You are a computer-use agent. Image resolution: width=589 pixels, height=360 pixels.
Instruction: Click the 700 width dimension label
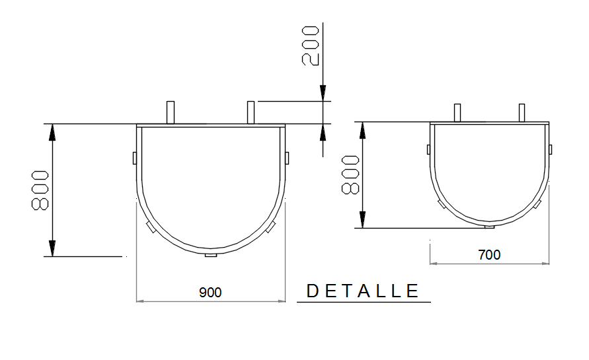coord(489,254)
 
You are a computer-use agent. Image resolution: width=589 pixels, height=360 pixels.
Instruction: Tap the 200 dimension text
coord(311,46)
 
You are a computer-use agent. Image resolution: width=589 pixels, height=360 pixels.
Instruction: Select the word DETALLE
coord(364,291)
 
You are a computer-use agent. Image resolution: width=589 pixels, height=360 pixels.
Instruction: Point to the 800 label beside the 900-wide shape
coord(40,190)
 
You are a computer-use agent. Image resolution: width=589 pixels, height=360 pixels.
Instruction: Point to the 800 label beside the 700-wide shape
coord(350,175)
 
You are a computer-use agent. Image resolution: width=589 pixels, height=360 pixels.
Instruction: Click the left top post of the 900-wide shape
coord(171,112)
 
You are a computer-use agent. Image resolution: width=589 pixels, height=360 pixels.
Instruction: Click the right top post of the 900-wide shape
coord(251,112)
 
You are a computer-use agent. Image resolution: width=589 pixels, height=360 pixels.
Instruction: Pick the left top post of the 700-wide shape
coord(457,113)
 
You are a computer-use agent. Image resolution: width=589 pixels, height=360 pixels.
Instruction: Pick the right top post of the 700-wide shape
coord(522,113)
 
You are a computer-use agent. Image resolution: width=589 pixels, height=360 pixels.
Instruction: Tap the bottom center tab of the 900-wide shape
coord(211,255)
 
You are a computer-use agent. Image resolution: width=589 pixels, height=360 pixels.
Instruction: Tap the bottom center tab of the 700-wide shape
coord(489,227)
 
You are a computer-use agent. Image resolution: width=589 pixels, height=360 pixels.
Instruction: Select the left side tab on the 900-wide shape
coord(134,158)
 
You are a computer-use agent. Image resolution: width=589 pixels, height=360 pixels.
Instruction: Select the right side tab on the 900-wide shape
coord(288,158)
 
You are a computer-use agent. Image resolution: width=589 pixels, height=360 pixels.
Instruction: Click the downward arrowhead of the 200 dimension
coord(323,94)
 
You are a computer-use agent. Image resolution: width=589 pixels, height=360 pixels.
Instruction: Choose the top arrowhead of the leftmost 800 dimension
coord(52,133)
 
